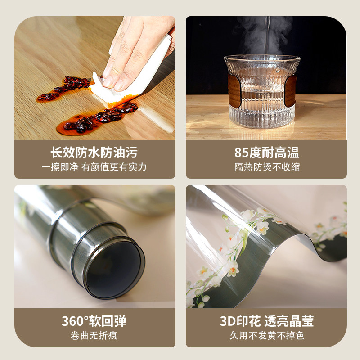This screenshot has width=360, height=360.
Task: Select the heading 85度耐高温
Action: pos(267,152)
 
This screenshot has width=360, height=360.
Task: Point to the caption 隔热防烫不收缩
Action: pos(267,167)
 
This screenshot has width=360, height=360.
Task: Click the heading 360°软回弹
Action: pos(94,321)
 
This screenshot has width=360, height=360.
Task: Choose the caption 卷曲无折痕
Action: pos(94,336)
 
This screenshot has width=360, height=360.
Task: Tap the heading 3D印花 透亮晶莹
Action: pos(267,321)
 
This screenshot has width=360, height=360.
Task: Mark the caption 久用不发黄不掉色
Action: pos(267,336)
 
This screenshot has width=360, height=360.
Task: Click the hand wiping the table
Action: pos(135,49)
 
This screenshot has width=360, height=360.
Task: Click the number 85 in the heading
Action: pos(242,152)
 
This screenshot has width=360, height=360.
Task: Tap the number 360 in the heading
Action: pos(72,321)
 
